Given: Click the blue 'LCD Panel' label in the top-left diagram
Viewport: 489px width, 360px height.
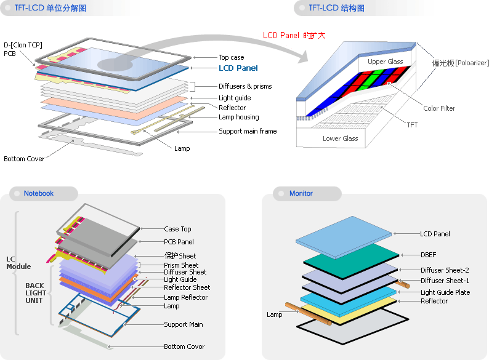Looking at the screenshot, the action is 238,68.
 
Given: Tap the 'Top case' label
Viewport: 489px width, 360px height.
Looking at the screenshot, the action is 232,57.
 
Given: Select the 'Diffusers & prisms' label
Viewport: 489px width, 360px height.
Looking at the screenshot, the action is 245,86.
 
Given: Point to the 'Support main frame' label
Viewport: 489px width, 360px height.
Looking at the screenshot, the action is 248,131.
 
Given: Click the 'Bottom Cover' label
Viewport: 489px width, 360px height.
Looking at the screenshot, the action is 24,159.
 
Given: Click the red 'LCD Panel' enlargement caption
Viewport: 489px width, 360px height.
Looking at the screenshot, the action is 294,35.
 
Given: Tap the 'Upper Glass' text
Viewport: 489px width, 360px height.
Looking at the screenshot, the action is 385,62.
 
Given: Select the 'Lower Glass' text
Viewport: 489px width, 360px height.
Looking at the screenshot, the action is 340,138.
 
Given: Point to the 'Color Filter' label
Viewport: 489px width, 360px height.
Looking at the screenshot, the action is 439,108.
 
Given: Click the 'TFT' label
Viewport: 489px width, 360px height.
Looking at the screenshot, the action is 412,125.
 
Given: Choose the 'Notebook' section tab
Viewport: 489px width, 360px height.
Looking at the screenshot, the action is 39,193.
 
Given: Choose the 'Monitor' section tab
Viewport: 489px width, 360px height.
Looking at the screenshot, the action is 301,193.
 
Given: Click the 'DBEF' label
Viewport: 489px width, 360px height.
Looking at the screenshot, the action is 428,255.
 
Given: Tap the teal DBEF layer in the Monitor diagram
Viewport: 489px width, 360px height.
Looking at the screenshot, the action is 351,260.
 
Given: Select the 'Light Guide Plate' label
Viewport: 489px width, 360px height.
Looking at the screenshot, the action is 445,292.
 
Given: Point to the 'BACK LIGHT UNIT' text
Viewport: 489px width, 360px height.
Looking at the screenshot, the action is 36,293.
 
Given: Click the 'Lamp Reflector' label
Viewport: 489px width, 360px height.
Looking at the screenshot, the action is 185,297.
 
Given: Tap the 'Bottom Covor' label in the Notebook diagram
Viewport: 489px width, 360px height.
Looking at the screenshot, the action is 184,346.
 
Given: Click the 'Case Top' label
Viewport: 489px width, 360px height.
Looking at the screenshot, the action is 177,229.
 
